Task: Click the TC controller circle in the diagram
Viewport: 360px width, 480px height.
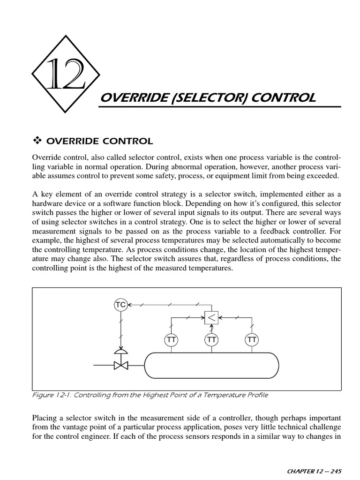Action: coord(121,305)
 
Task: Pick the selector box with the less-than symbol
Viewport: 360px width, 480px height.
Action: coord(211,318)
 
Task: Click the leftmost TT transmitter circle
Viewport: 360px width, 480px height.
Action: coord(171,339)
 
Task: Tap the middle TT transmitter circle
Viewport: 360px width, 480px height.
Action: coord(211,339)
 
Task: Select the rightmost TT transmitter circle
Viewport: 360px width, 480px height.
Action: coord(252,339)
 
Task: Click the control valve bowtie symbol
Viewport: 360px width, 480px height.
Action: coord(121,364)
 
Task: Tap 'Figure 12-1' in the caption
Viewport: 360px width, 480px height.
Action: coord(52,395)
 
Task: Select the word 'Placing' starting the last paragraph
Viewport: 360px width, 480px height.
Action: coord(44,417)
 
